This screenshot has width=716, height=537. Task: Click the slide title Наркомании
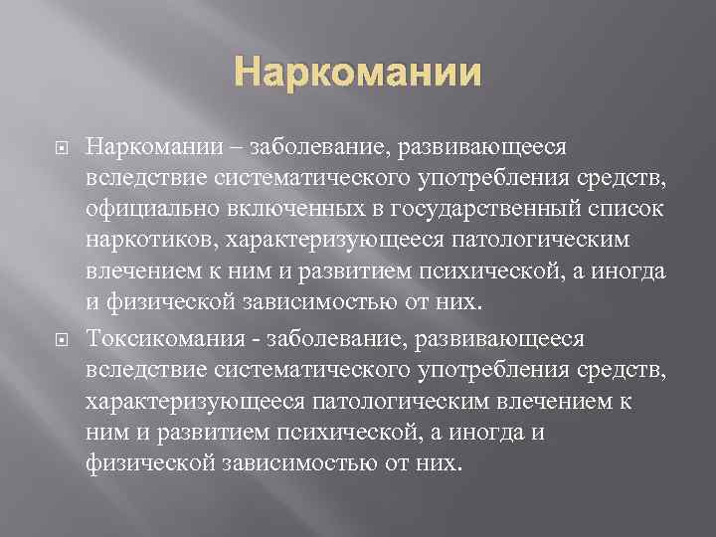(x=357, y=74)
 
